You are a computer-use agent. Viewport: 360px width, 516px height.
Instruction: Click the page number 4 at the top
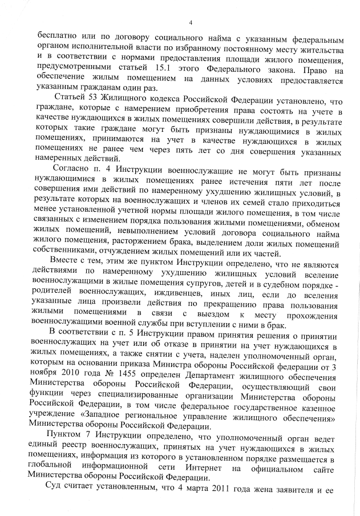coord(190,23)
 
